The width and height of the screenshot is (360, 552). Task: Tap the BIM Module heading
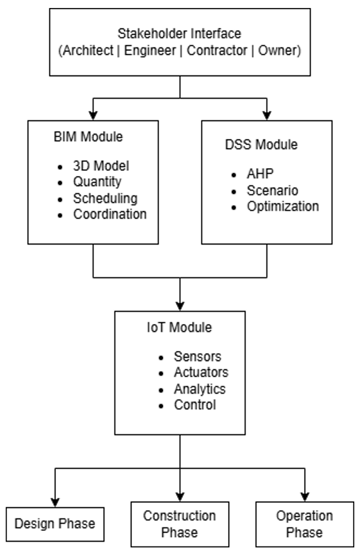85,138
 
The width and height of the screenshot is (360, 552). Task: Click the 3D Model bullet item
101,166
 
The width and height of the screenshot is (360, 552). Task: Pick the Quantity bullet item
97,182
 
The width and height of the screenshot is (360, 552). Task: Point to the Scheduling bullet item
105,198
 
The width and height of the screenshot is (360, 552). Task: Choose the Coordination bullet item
110,214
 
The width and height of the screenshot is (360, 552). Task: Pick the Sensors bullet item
197,357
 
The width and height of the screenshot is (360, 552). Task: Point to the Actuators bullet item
201,373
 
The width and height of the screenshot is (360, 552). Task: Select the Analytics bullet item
199,389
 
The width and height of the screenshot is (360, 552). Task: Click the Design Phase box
55,523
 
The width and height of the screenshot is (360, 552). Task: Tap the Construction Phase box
179,524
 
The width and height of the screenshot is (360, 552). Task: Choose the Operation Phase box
304,524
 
